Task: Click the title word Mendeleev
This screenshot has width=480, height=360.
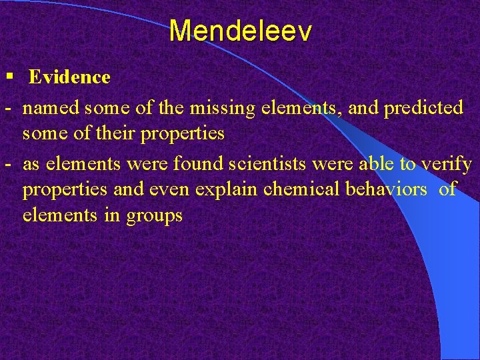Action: (x=240, y=31)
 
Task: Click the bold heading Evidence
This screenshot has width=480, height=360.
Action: (x=69, y=77)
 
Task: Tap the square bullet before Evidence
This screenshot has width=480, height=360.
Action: (x=9, y=76)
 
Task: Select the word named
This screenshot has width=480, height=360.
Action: (x=55, y=108)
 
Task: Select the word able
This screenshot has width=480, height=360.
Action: (x=373, y=164)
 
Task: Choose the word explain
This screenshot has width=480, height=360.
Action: (x=227, y=190)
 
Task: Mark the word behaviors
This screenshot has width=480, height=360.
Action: (x=385, y=189)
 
